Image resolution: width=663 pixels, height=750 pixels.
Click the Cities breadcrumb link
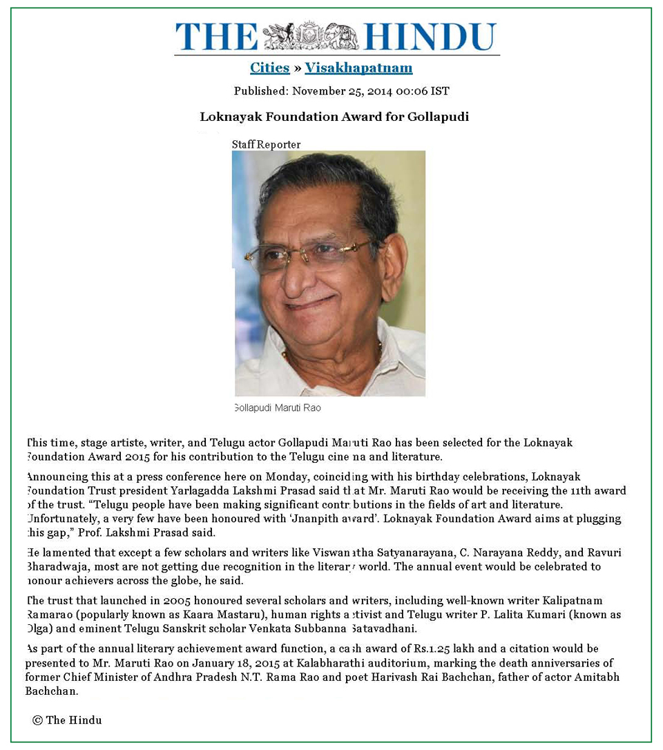click(269, 68)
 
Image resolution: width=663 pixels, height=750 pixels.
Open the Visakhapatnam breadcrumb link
click(358, 68)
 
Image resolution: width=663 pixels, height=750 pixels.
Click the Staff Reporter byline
click(266, 144)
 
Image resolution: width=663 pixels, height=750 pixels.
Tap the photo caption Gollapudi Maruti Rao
click(278, 408)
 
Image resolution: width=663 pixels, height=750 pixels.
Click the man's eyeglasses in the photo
click(311, 254)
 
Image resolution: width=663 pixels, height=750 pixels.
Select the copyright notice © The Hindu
click(67, 720)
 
